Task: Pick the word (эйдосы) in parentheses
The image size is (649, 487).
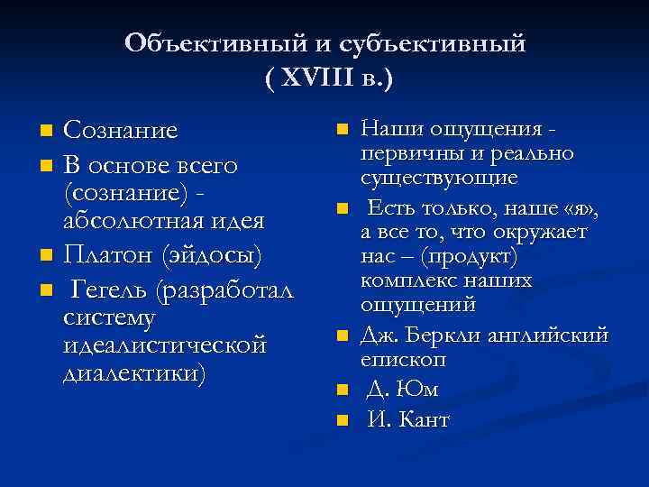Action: (x=213, y=256)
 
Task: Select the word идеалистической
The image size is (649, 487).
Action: (x=166, y=345)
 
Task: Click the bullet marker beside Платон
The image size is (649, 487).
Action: (x=47, y=257)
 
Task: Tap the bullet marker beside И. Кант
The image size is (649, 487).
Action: (x=341, y=421)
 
